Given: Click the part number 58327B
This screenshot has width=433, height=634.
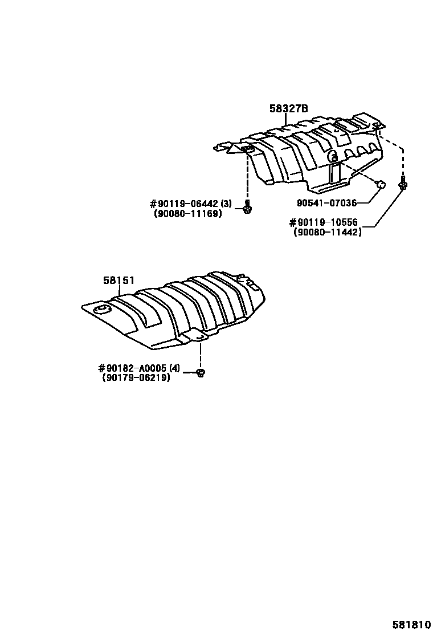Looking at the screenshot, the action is point(288,108).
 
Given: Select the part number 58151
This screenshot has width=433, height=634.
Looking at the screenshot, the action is point(119,280).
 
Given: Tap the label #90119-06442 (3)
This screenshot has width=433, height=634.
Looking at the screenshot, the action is point(190,204).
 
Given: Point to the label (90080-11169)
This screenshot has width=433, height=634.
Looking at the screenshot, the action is point(187,214).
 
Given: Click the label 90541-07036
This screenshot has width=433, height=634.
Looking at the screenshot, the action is point(326,202).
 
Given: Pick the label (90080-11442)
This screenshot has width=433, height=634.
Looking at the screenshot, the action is point(328,232).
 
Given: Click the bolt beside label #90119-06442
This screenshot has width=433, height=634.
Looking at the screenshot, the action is point(247,208).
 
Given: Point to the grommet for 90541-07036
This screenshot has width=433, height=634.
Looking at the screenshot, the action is point(381,184).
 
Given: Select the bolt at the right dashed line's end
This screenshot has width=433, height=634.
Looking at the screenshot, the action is point(403,184).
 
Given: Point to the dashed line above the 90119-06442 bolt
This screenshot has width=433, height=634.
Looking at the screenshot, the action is point(247,177).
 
